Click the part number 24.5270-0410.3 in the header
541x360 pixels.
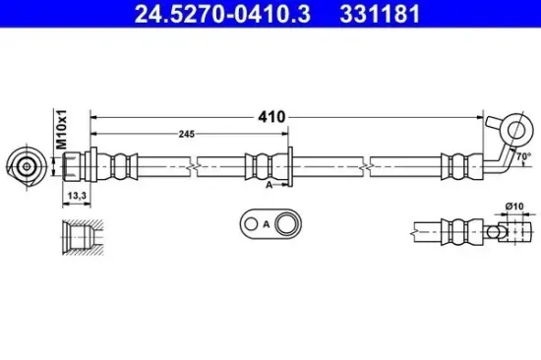222,14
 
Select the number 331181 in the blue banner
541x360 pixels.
380,14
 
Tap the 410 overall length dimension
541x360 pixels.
271,117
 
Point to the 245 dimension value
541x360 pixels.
187,134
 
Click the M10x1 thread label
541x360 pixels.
62,130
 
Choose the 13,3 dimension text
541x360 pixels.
77,196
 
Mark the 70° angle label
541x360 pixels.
523,156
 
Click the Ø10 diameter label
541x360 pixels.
514,207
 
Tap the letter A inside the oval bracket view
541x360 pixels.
266,224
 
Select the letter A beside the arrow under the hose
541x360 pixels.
270,185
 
